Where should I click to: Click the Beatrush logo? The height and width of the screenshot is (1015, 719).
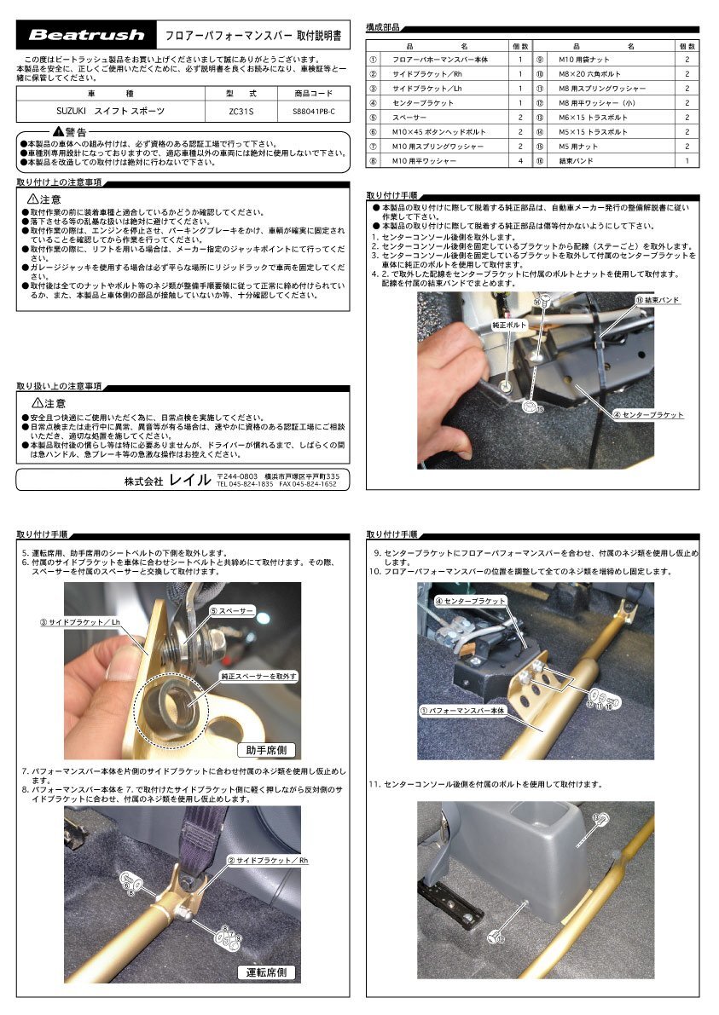tap(87, 36)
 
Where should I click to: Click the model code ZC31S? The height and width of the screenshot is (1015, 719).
tap(241, 111)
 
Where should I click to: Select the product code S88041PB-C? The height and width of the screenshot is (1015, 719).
tap(313, 111)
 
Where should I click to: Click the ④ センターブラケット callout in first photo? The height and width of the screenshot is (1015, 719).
tap(648, 415)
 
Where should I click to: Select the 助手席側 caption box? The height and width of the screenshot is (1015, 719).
tap(268, 750)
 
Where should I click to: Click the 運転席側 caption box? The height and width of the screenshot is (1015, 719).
tap(266, 972)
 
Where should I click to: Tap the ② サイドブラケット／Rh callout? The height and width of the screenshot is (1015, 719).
tap(268, 861)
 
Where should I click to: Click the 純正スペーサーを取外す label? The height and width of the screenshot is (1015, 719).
tap(258, 676)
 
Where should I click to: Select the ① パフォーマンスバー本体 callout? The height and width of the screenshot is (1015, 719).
tap(461, 709)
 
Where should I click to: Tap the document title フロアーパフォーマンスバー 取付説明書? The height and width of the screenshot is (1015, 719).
tap(252, 36)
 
